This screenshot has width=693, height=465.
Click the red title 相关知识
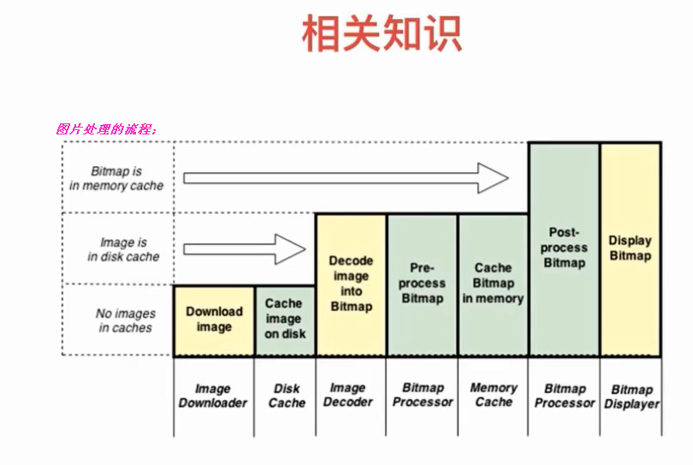pyautogui.click(x=382, y=34)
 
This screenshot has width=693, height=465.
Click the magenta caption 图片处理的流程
pyautogui.click(x=106, y=129)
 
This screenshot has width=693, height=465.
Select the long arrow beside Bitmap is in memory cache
pyautogui.click(x=346, y=178)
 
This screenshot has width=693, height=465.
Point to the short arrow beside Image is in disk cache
pyautogui.click(x=245, y=249)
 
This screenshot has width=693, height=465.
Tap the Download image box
pyautogui.click(x=214, y=319)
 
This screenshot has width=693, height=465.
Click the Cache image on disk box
pyautogui.click(x=286, y=319)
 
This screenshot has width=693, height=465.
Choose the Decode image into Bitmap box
pyautogui.click(x=351, y=283)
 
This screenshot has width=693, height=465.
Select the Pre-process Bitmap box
pyautogui.click(x=423, y=283)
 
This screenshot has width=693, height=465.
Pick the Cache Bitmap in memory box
pyautogui.click(x=493, y=283)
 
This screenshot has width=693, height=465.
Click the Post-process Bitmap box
pyautogui.click(x=564, y=247)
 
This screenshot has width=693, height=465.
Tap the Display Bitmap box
pyautogui.click(x=630, y=247)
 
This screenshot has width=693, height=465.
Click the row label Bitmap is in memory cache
pyautogui.click(x=116, y=178)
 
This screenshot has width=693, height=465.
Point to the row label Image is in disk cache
pyautogui.click(x=123, y=249)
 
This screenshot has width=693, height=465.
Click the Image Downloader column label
pyautogui.click(x=213, y=396)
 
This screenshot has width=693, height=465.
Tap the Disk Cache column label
pyautogui.click(x=287, y=396)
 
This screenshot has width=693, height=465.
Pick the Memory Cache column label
pyautogui.click(x=494, y=395)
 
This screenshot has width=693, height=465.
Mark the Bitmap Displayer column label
pyautogui.click(x=631, y=396)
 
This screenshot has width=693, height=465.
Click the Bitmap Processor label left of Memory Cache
pyautogui.click(x=423, y=395)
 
